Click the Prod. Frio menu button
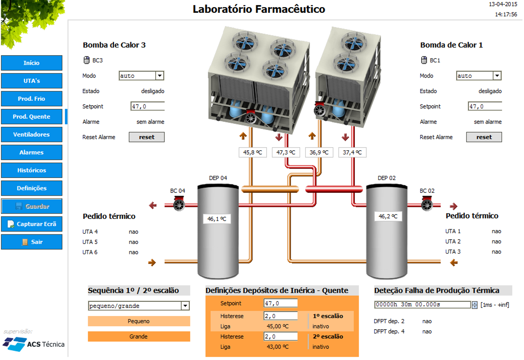coord(32,99)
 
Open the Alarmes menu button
coord(32,152)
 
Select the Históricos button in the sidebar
coord(32,170)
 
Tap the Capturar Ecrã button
coord(32,224)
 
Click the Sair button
coord(32,242)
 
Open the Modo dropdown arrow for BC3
coord(160,76)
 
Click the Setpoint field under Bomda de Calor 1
coord(485,106)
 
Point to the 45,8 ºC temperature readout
coord(252,152)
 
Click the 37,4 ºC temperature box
coord(352,152)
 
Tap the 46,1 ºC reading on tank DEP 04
coord(216,219)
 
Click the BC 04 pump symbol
coord(179,205)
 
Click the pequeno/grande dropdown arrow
coord(185,306)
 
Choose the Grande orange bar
coord(139,336)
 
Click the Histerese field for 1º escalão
coord(280,316)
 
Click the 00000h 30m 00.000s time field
coord(422,305)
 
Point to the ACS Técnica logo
coord(34,344)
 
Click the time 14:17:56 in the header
coord(506,14)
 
